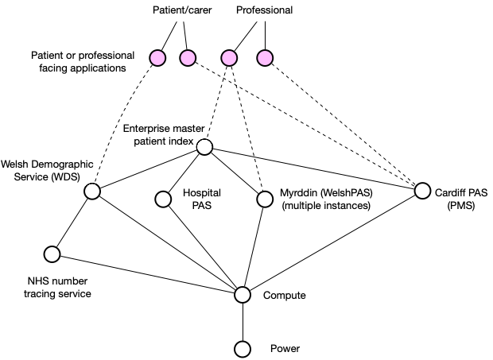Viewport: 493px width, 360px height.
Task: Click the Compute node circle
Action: [243, 295]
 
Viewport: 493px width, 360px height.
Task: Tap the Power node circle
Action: [243, 349]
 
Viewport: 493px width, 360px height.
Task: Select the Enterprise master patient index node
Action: [204, 146]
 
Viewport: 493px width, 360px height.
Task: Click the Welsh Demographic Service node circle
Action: [92, 192]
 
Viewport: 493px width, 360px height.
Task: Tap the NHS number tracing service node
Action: [52, 254]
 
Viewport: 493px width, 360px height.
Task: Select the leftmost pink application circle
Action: [157, 57]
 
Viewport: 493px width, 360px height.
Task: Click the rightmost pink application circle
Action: [265, 57]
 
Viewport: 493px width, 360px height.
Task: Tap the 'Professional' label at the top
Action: [264, 11]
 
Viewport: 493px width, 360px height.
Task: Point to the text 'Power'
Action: [285, 349]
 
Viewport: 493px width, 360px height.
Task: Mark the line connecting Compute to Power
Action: [243, 322]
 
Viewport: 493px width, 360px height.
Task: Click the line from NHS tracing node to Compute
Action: [147, 274]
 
